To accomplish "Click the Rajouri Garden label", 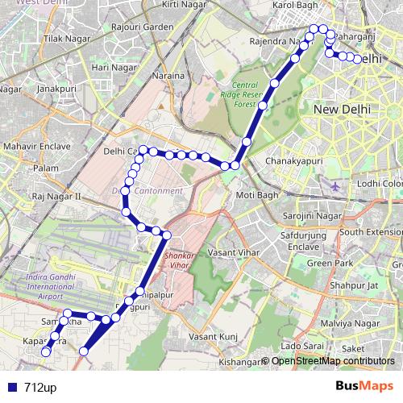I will [x=143, y=27].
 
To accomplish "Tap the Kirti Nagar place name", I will [x=181, y=5].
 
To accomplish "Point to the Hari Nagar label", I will [x=110, y=68].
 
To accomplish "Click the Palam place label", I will [x=46, y=168].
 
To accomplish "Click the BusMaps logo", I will [x=364, y=387].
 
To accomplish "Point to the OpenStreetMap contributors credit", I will [x=334, y=361].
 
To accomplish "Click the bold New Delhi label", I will [x=342, y=109].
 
